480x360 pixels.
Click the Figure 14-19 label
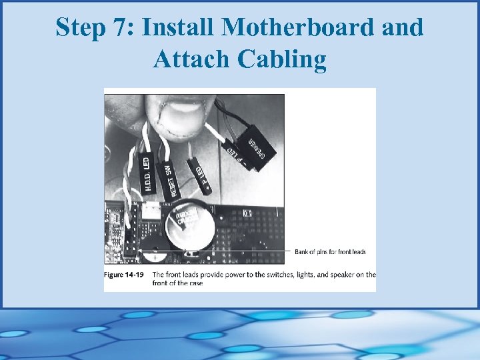125,275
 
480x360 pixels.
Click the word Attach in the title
189,59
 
